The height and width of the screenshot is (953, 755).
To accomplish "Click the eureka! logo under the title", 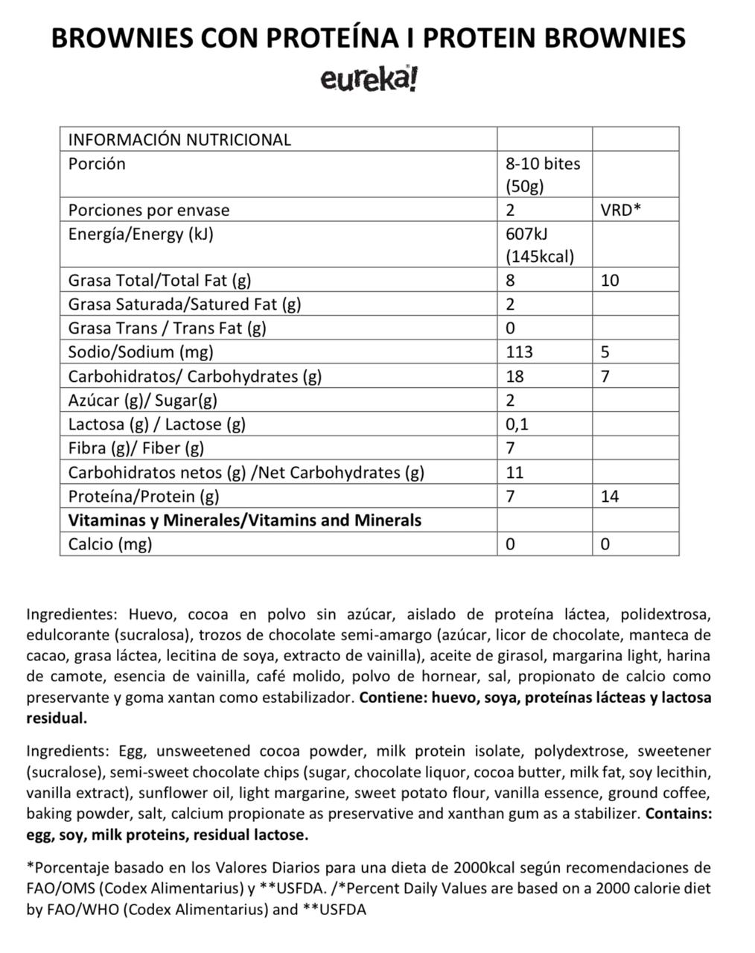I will pyautogui.click(x=369, y=79).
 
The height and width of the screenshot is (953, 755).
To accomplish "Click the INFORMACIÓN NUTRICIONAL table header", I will pyautogui.click(x=179, y=139).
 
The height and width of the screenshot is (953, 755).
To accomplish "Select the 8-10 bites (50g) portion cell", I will pyautogui.click(x=543, y=174).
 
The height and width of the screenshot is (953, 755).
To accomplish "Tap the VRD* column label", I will pyautogui.click(x=620, y=210).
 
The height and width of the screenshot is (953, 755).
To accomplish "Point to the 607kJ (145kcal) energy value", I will pyautogui.click(x=540, y=245).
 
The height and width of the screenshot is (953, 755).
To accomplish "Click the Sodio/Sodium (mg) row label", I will pyautogui.click(x=141, y=352).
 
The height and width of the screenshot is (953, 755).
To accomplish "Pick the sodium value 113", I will pyautogui.click(x=519, y=352).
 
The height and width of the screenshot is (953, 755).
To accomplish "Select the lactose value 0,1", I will pyautogui.click(x=517, y=424).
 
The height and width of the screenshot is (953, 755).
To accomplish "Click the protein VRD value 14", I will pyautogui.click(x=609, y=496).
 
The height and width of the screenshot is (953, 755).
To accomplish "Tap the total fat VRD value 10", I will pyautogui.click(x=609, y=281).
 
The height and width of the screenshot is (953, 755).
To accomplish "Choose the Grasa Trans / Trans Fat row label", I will pyautogui.click(x=167, y=328).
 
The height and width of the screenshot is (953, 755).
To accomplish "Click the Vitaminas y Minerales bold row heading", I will pyautogui.click(x=244, y=520).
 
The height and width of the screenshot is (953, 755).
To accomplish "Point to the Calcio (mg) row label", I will pyautogui.click(x=110, y=544).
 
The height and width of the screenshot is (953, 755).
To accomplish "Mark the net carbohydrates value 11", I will pyautogui.click(x=515, y=472).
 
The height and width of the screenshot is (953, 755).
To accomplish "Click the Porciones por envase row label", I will pyautogui.click(x=149, y=210).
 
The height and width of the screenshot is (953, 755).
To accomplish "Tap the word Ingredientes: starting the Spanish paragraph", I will pyautogui.click(x=71, y=615).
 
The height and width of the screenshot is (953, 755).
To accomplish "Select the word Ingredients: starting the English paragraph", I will pyautogui.click(x=66, y=751).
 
